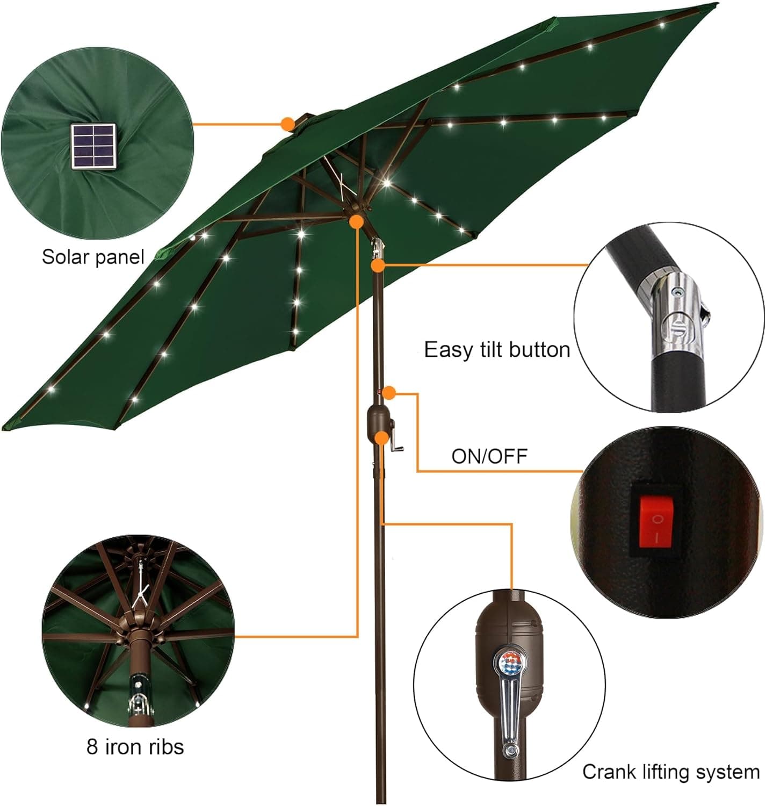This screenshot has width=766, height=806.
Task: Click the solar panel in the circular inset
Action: click(x=93, y=148)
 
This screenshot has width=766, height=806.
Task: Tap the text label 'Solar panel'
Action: click(x=93, y=257)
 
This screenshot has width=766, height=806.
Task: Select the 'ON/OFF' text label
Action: click(x=489, y=456)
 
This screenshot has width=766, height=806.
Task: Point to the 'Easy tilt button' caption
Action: click(x=496, y=350)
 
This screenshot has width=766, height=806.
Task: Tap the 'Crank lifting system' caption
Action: click(x=670, y=772)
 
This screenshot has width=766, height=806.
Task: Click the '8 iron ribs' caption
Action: click(x=135, y=747)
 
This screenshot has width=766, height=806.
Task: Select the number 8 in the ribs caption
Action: click(x=92, y=747)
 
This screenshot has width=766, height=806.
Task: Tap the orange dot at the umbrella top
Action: click(x=288, y=124)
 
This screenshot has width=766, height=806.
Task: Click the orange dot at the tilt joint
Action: click(x=378, y=265)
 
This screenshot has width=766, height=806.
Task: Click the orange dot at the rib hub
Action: click(x=356, y=221)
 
